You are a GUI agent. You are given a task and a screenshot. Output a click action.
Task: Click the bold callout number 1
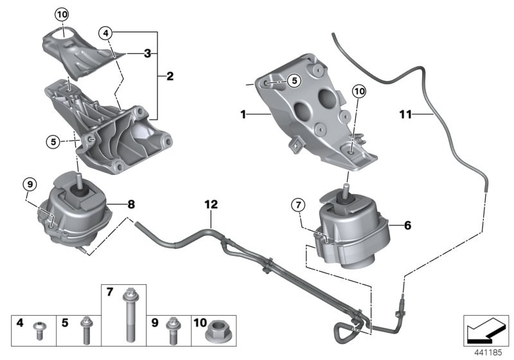(x=244, y=115)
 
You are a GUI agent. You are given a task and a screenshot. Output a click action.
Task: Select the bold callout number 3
(x=147, y=55)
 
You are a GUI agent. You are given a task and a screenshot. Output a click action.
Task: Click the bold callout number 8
(x=131, y=206)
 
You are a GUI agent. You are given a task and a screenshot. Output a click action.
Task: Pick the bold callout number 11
(x=405, y=114)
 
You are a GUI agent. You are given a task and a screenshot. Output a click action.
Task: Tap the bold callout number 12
(x=211, y=205)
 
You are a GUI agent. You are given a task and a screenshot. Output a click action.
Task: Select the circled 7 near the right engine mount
(x=297, y=206)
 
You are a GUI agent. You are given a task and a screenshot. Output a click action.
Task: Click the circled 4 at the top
(x=107, y=32)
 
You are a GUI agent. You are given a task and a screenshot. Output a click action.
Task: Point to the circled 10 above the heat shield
(x=61, y=14)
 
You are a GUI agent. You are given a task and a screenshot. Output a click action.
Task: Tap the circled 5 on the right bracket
(x=293, y=81)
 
